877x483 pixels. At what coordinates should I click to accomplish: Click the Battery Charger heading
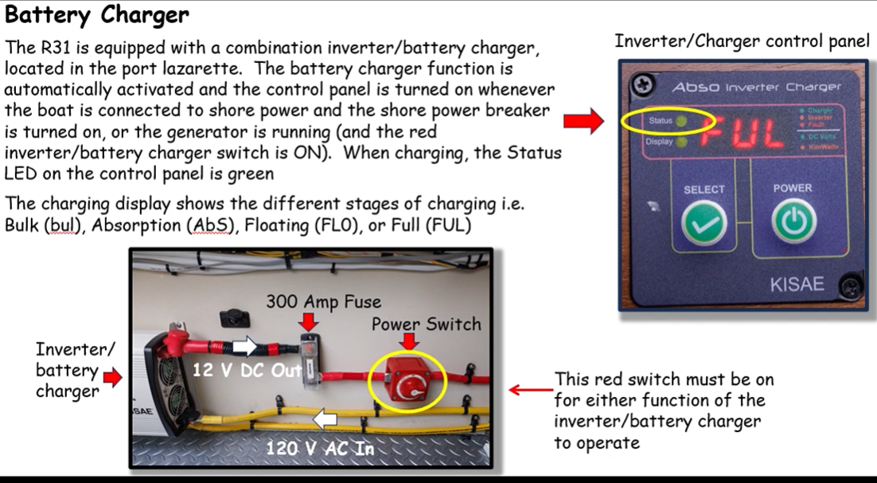[97, 15]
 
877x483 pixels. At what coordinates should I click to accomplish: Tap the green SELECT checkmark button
[704, 226]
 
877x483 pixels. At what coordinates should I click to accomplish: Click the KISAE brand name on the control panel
[796, 284]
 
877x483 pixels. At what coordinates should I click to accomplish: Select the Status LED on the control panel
[683, 121]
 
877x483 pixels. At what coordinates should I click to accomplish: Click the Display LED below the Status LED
[683, 143]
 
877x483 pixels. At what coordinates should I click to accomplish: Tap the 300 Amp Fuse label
[323, 301]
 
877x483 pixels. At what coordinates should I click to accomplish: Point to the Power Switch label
[426, 324]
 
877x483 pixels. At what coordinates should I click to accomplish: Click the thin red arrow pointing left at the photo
[526, 391]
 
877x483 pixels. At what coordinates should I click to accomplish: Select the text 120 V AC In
[320, 449]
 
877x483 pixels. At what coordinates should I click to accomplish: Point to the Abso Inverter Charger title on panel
[755, 87]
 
